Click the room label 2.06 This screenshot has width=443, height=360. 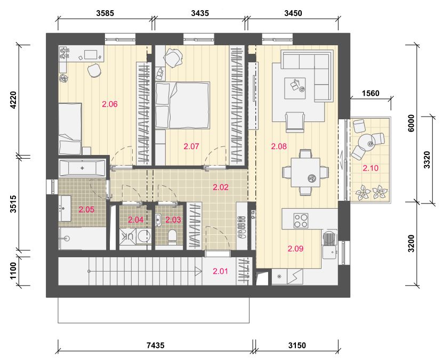[x=110, y=104]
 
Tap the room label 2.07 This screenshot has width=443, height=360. [x=191, y=146]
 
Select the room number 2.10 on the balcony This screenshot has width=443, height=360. [x=370, y=168]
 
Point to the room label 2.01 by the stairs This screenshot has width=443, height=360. [x=220, y=271]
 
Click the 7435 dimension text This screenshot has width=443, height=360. [x=156, y=345]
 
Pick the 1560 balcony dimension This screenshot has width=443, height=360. [x=370, y=93]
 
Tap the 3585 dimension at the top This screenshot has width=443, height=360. [x=105, y=13]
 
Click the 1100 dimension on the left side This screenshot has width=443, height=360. [x=13, y=271]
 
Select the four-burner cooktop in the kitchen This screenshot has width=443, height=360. [x=301, y=220]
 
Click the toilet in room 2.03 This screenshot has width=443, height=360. [x=172, y=236]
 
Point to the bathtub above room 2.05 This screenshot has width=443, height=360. [x=82, y=168]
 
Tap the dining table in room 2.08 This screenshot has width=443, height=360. [x=305, y=172]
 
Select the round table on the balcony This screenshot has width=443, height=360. [x=367, y=142]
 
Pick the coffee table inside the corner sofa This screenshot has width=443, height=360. [x=295, y=88]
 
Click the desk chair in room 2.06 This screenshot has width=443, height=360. [x=94, y=70]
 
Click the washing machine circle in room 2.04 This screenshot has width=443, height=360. [x=144, y=236]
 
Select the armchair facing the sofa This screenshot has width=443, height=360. [x=295, y=122]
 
